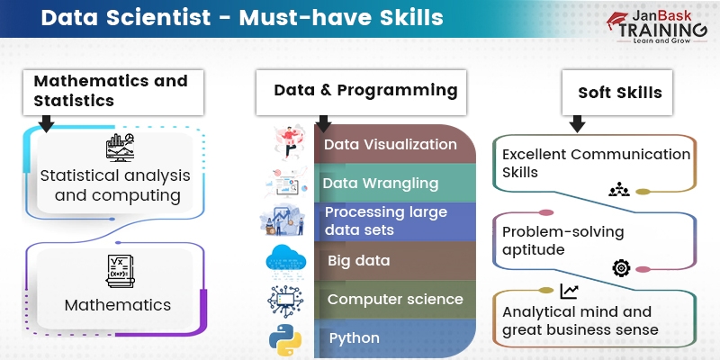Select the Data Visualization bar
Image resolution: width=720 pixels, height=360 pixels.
click(391, 145)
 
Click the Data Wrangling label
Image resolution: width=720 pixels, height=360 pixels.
click(381, 184)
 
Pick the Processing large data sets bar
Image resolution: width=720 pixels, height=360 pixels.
click(391, 221)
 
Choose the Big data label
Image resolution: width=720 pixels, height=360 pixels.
click(359, 261)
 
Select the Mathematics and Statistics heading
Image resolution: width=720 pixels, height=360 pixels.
click(111, 91)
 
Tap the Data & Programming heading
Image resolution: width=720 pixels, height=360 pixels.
click(365, 90)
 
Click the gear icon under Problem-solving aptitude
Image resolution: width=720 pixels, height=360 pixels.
click(621, 267)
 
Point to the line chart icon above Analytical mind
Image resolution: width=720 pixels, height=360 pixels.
click(569, 291)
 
